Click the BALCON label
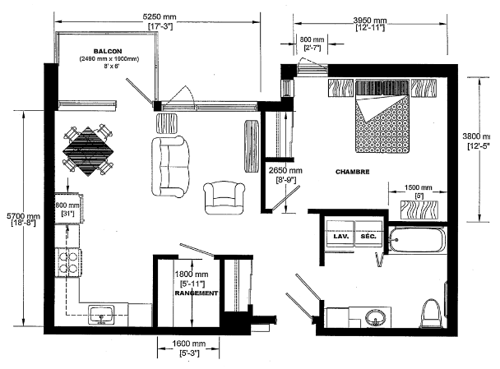108,51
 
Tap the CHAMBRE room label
352,172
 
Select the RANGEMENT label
196,293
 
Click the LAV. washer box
340,234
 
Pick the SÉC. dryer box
368,234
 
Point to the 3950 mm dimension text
370,20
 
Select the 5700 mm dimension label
23,216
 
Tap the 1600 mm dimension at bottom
189,344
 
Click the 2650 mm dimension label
285,170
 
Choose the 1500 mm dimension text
418,187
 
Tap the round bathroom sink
376,318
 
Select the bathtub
417,240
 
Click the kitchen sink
101,315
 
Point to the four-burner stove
67,262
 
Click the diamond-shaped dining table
88,151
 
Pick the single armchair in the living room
224,198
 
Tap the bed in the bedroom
382,117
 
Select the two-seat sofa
170,167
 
